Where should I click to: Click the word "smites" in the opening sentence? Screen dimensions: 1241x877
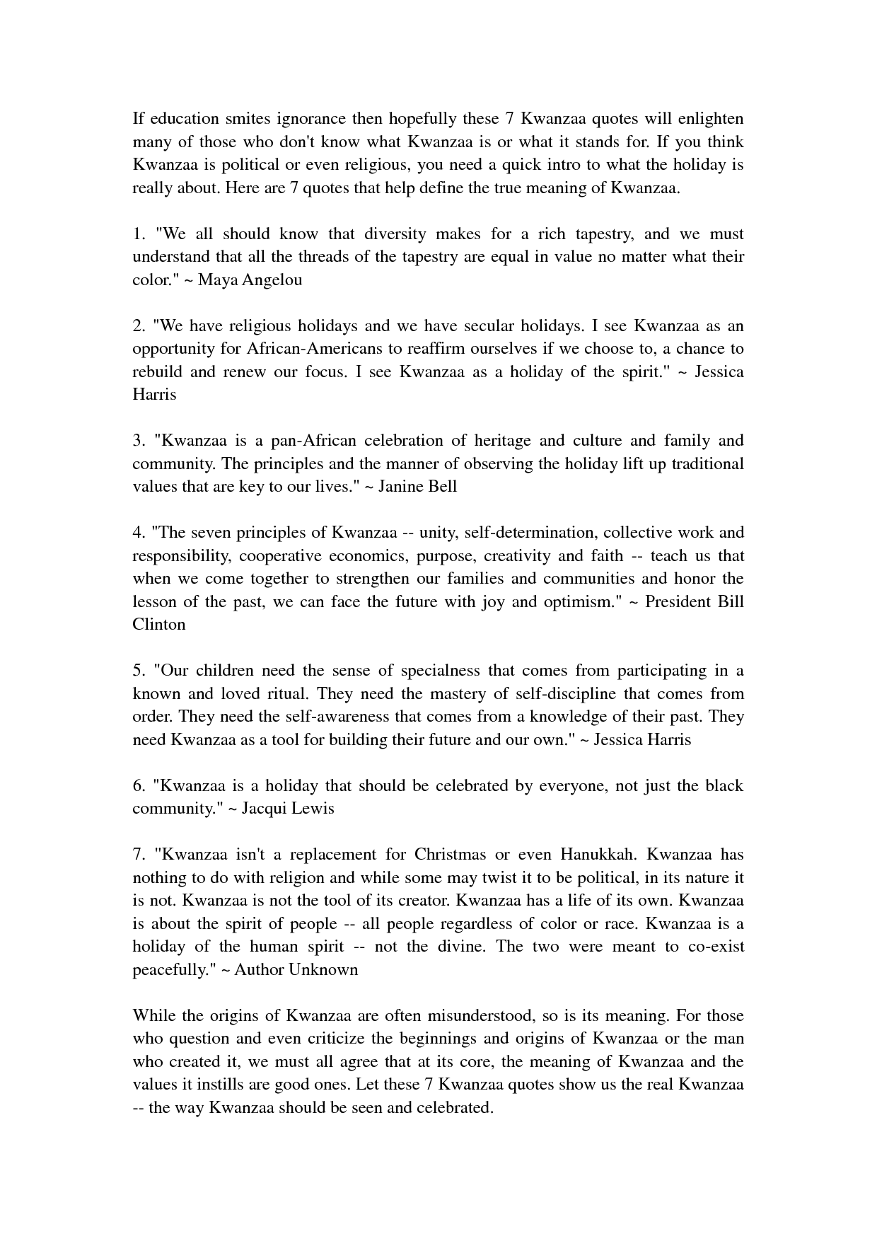tap(250, 119)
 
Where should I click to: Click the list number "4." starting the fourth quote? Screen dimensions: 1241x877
tap(139, 533)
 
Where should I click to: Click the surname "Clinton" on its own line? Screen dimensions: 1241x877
tap(159, 625)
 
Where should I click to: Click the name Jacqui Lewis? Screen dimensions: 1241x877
tap(288, 809)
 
